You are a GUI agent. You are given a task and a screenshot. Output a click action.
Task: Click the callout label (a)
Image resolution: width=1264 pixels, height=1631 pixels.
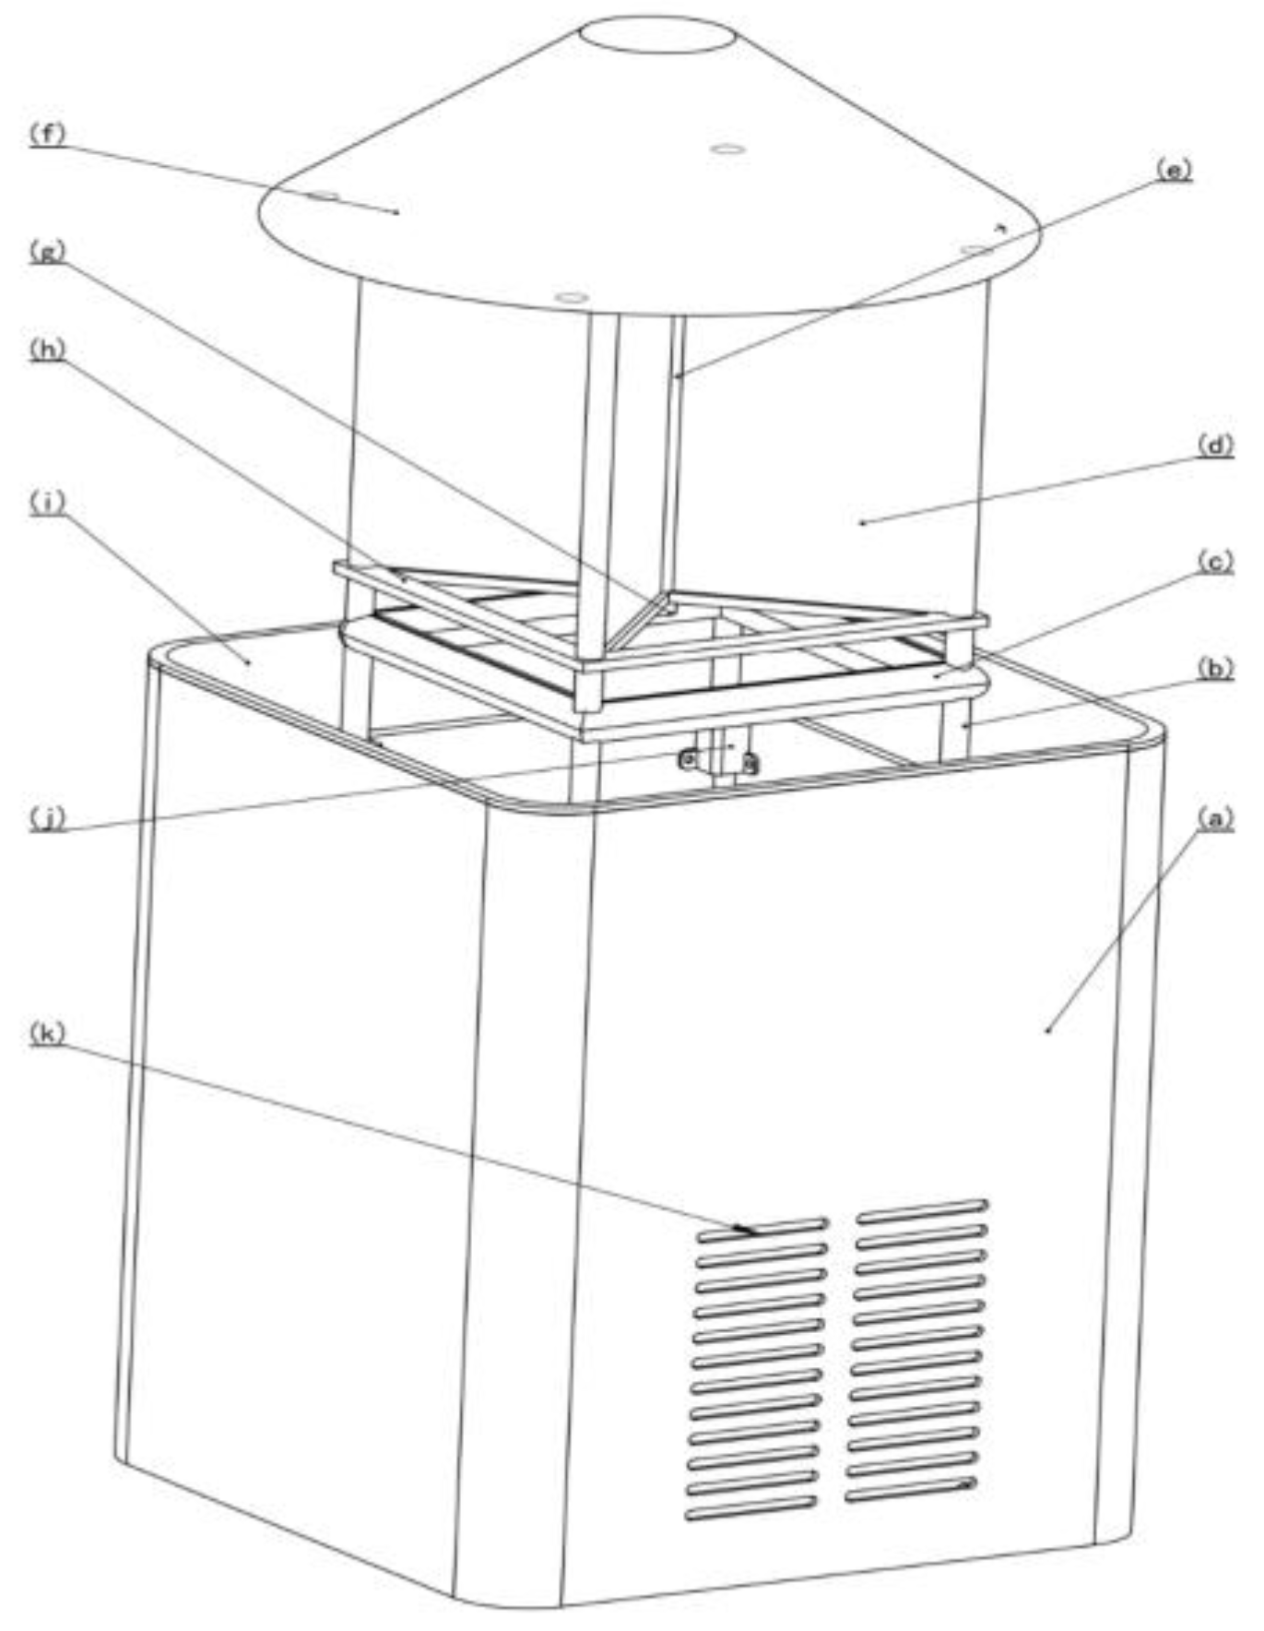pos(1214,817)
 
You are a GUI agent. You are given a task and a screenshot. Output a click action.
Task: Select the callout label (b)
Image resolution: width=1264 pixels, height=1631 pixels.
pos(1214,669)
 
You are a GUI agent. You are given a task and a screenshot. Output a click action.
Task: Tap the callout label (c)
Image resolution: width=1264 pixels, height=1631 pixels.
pos(1214,562)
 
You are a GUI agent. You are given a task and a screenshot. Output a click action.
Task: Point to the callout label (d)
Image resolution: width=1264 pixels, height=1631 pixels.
pos(1214,446)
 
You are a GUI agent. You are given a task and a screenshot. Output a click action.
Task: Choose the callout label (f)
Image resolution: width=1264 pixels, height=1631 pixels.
pos(47,134)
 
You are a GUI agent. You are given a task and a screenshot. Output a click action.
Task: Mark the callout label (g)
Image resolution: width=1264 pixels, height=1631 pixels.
pos(47,251)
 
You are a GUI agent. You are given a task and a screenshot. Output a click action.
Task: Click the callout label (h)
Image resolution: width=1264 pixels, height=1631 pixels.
pos(47,350)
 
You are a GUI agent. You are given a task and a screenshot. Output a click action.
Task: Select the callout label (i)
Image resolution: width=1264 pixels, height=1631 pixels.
pos(47,503)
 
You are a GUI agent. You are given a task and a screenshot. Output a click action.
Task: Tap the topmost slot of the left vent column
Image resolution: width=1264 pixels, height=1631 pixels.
pos(762,1231)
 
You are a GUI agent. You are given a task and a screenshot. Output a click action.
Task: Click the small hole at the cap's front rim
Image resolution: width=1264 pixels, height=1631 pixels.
pos(572,297)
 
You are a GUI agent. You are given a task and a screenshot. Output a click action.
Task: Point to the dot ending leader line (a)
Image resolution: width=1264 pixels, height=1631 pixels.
pos(1048,1030)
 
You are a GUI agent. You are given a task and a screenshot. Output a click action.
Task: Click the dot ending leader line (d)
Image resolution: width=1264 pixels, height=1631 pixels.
pos(862,523)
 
